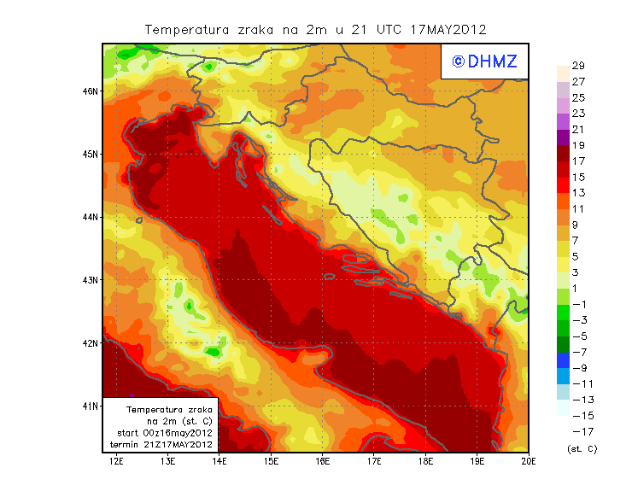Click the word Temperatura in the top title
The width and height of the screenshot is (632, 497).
point(183,29)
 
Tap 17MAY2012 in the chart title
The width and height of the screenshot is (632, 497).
point(448,29)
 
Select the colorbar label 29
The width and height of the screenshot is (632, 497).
point(578,67)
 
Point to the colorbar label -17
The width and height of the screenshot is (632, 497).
point(578,431)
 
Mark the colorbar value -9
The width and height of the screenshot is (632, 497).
point(578,368)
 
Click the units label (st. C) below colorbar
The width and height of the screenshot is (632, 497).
point(582,448)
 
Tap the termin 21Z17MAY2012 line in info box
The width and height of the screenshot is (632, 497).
point(162,445)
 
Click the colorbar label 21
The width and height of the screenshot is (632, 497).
point(578,130)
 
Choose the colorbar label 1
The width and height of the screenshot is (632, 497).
point(576,289)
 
